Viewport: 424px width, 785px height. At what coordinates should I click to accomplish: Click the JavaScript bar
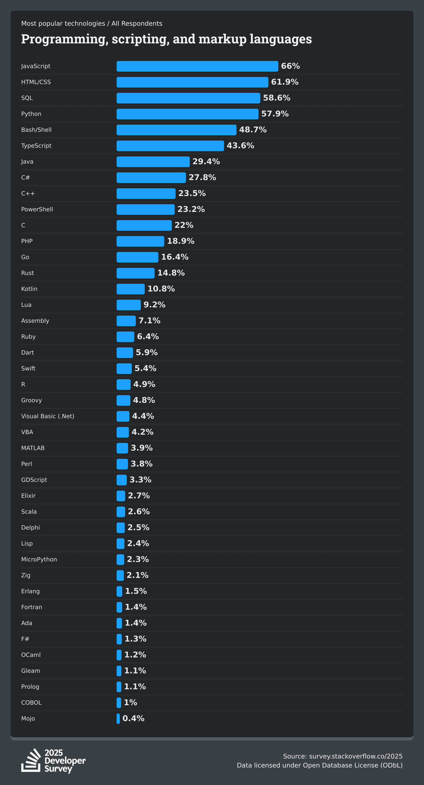[x=197, y=66]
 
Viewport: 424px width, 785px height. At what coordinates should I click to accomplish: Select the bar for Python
[x=187, y=114]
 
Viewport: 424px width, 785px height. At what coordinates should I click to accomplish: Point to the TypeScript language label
[x=36, y=146]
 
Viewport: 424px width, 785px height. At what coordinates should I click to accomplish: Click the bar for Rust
[x=135, y=273]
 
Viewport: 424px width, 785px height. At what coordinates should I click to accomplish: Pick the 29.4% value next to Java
[x=206, y=162]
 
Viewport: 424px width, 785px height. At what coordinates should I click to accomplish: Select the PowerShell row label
[x=37, y=209]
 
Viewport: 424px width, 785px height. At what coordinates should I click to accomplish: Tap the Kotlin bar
[x=130, y=289]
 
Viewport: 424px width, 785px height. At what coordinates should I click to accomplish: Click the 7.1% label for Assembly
[x=149, y=321]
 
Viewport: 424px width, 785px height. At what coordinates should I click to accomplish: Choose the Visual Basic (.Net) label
[x=48, y=416]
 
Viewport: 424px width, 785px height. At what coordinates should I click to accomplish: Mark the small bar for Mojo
[x=118, y=719]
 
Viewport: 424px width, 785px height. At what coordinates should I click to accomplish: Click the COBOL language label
[x=31, y=703]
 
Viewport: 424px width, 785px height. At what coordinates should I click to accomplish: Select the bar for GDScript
[x=122, y=480]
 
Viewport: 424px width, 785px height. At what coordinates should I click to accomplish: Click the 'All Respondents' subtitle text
[x=137, y=24]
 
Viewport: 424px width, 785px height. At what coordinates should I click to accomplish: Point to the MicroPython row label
[x=39, y=560]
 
